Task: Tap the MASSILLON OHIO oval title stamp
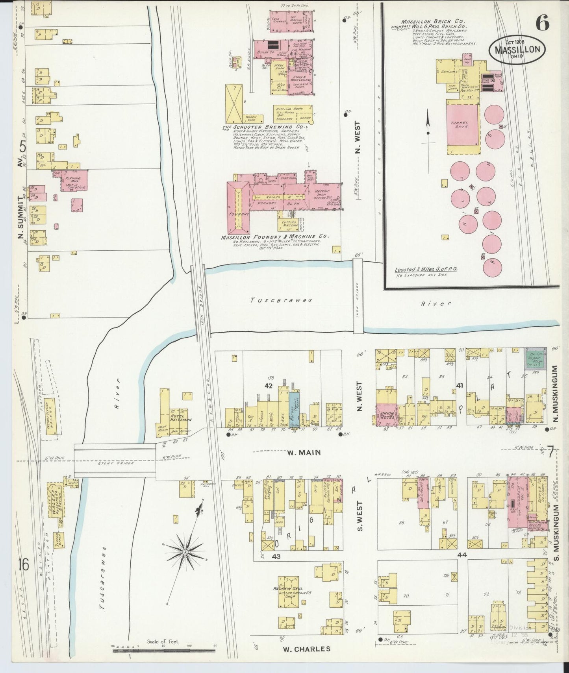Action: [x=517, y=50]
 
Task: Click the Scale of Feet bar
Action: [x=163, y=651]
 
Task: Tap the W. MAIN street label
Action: [x=302, y=453]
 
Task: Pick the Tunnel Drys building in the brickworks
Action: [x=463, y=127]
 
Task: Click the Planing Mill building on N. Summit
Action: [x=74, y=181]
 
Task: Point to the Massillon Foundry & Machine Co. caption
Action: [x=274, y=237]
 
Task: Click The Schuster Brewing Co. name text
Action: [x=263, y=127]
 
